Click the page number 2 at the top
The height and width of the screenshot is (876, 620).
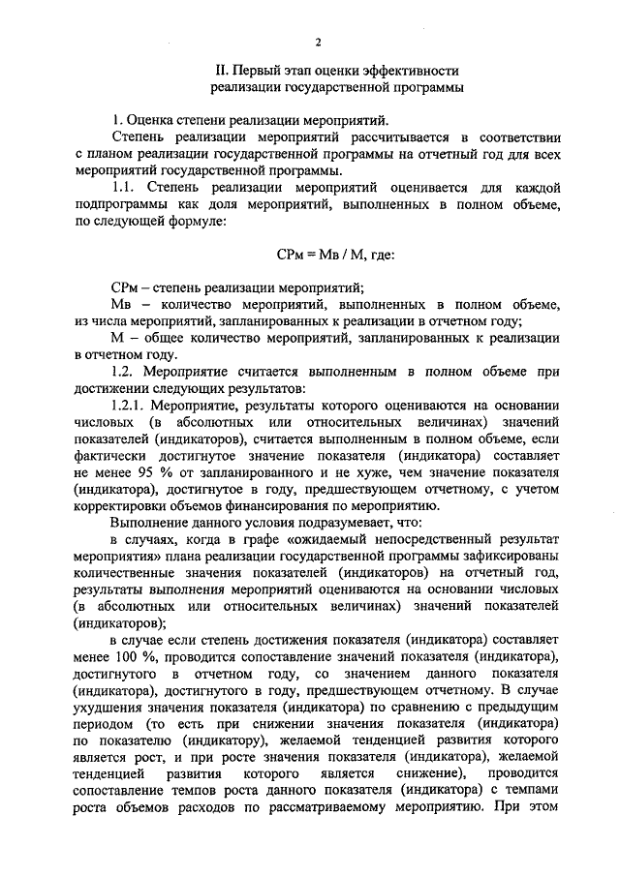click(317, 42)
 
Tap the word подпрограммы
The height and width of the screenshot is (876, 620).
click(119, 204)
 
